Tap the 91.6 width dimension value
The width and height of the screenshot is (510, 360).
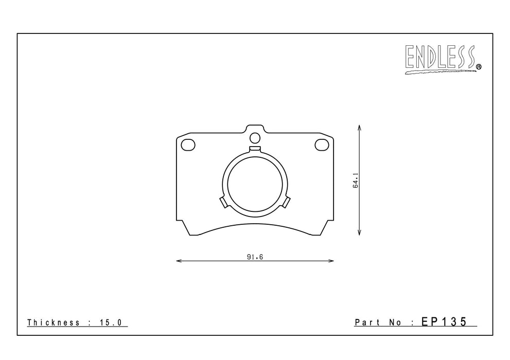(x=255, y=257)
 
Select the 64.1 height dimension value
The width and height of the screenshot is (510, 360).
(x=356, y=181)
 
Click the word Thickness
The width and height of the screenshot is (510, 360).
(x=54, y=322)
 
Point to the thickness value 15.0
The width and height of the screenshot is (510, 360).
(x=111, y=322)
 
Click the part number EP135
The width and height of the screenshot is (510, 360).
(x=444, y=321)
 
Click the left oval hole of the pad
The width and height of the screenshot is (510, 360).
(x=188, y=145)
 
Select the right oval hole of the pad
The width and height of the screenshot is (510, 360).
(x=322, y=145)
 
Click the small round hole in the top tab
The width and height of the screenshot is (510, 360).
(x=255, y=138)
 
